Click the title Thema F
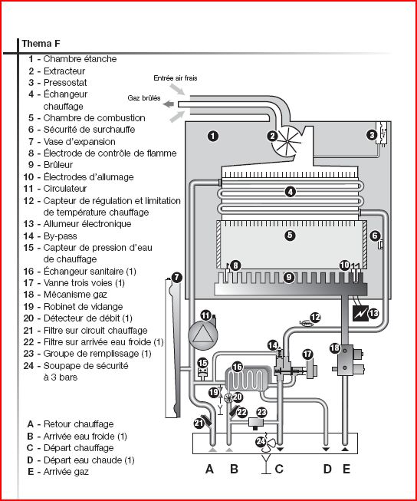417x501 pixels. pos(41,44)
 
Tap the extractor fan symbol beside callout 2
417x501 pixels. pos(287,140)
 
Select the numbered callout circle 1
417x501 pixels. pos(213,136)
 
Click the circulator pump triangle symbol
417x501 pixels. pos(203,335)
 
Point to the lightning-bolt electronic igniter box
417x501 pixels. pos(361,313)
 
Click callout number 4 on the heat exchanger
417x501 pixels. pos(290,192)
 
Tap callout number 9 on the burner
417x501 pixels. pos(289,277)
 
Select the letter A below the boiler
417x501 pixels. pos(209,469)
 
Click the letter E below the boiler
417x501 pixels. pos(346,469)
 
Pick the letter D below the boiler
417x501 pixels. pos(327,469)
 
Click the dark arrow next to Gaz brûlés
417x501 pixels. pos(169,104)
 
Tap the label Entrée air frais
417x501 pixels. pos(176,78)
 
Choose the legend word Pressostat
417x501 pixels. pos(65,82)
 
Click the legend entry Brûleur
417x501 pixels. pos(58,164)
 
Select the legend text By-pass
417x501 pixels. pos(60,236)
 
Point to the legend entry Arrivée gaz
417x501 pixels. pos(66,472)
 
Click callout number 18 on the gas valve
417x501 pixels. pos(335,348)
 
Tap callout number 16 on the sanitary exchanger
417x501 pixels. pos(237,368)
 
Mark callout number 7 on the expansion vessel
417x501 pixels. pos(176,277)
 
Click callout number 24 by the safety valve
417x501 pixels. pos(261,442)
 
